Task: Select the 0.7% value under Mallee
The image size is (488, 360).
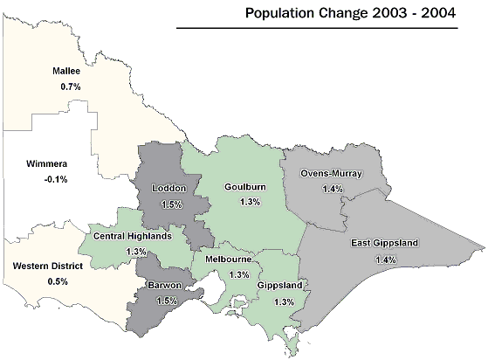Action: pyautogui.click(x=71, y=87)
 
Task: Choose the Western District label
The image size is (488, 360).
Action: pyautogui.click(x=47, y=266)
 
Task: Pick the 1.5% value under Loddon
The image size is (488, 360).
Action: pyautogui.click(x=171, y=204)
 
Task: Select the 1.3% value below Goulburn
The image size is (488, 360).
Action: pyautogui.click(x=251, y=202)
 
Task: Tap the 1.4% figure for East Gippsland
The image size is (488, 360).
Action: pyautogui.click(x=385, y=260)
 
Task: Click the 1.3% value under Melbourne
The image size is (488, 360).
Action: pyautogui.click(x=238, y=274)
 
